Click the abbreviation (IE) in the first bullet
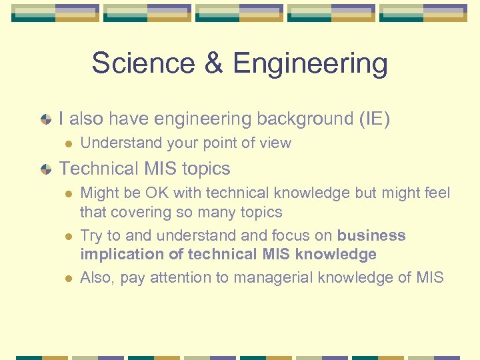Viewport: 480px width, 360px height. (374, 119)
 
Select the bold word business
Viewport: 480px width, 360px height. (371, 235)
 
